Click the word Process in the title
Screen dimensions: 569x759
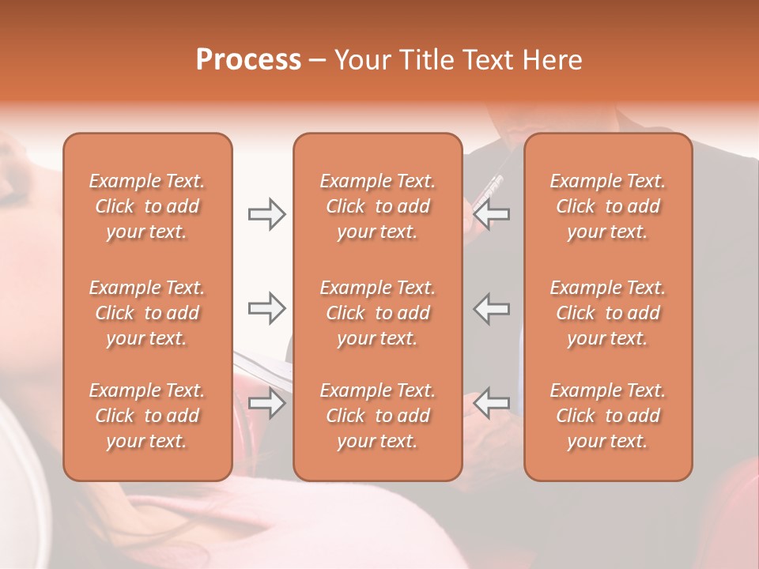tap(248, 60)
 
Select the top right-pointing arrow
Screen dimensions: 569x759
tap(267, 214)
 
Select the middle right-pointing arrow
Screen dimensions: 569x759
tap(267, 308)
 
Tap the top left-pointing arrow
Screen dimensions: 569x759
tap(491, 214)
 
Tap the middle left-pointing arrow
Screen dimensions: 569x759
tap(491, 308)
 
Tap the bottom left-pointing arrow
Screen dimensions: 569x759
tap(491, 403)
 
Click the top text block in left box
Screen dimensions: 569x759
tap(147, 206)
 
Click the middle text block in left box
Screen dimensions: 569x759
tap(147, 313)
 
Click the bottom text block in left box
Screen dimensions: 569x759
tap(147, 416)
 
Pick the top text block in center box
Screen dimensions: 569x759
tap(377, 206)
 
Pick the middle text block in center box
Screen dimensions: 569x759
tap(377, 313)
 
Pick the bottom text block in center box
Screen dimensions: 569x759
tap(377, 416)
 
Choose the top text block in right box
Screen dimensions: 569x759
tap(607, 206)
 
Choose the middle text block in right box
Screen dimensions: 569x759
tap(607, 313)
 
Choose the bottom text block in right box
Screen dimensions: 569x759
tap(607, 416)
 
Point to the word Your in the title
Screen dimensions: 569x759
tap(361, 60)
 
